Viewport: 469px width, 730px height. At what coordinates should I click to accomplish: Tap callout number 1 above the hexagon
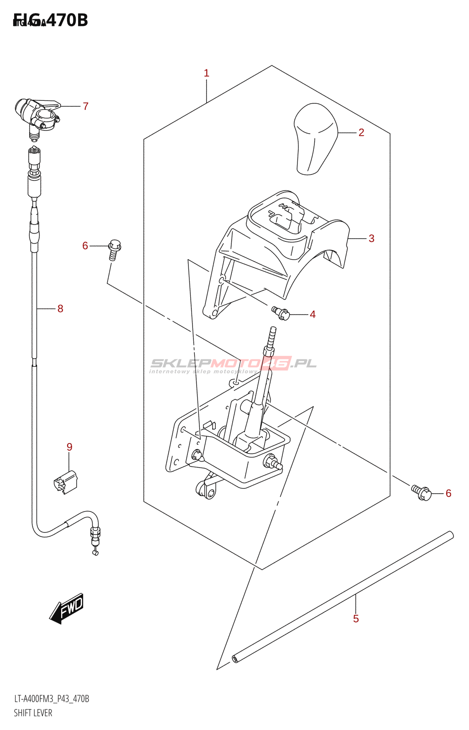tap(207, 73)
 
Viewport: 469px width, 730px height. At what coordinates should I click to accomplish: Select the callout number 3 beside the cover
tap(371, 239)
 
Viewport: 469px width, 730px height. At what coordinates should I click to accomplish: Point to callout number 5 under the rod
tap(356, 619)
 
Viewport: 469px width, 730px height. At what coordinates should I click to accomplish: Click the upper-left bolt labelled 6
tap(114, 249)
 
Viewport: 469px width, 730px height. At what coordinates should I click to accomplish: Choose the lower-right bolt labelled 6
tap(422, 492)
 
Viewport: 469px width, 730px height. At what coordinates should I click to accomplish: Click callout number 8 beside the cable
tap(60, 309)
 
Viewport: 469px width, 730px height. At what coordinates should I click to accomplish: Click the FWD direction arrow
tap(67, 608)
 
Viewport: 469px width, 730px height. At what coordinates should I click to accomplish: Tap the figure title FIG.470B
tap(51, 21)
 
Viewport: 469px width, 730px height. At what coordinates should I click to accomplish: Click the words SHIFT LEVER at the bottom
tap(33, 713)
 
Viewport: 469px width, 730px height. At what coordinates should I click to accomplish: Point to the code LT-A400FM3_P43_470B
tap(52, 699)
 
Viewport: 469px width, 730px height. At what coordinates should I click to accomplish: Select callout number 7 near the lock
tap(85, 106)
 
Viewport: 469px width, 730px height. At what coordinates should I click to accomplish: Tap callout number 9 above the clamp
tap(69, 447)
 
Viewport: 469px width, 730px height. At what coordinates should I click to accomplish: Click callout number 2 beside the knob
tap(361, 133)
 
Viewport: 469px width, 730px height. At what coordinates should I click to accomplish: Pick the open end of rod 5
tap(235, 658)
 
